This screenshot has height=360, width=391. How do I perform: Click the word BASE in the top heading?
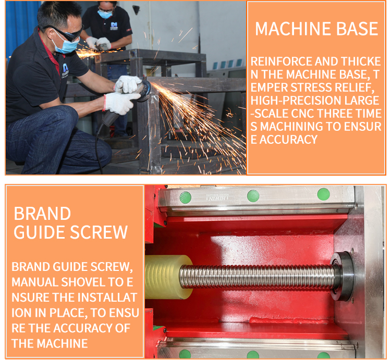point(357,29)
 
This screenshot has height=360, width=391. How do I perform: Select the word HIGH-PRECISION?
point(296,101)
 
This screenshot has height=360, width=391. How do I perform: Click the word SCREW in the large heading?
point(99,232)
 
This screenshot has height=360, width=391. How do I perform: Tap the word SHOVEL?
point(83,282)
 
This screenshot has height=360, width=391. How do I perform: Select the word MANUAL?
point(35,282)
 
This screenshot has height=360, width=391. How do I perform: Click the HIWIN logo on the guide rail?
point(217,198)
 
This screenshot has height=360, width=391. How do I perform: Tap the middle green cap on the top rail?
point(253,196)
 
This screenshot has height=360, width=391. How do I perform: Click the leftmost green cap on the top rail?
point(185,197)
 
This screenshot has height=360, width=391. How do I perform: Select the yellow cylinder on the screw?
point(168,277)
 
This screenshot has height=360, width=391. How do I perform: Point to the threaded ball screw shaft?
point(257,277)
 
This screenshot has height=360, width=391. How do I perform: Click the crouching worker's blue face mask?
point(67,44)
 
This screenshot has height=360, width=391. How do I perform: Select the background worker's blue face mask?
point(105,14)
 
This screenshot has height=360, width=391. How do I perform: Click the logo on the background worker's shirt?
point(114,26)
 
